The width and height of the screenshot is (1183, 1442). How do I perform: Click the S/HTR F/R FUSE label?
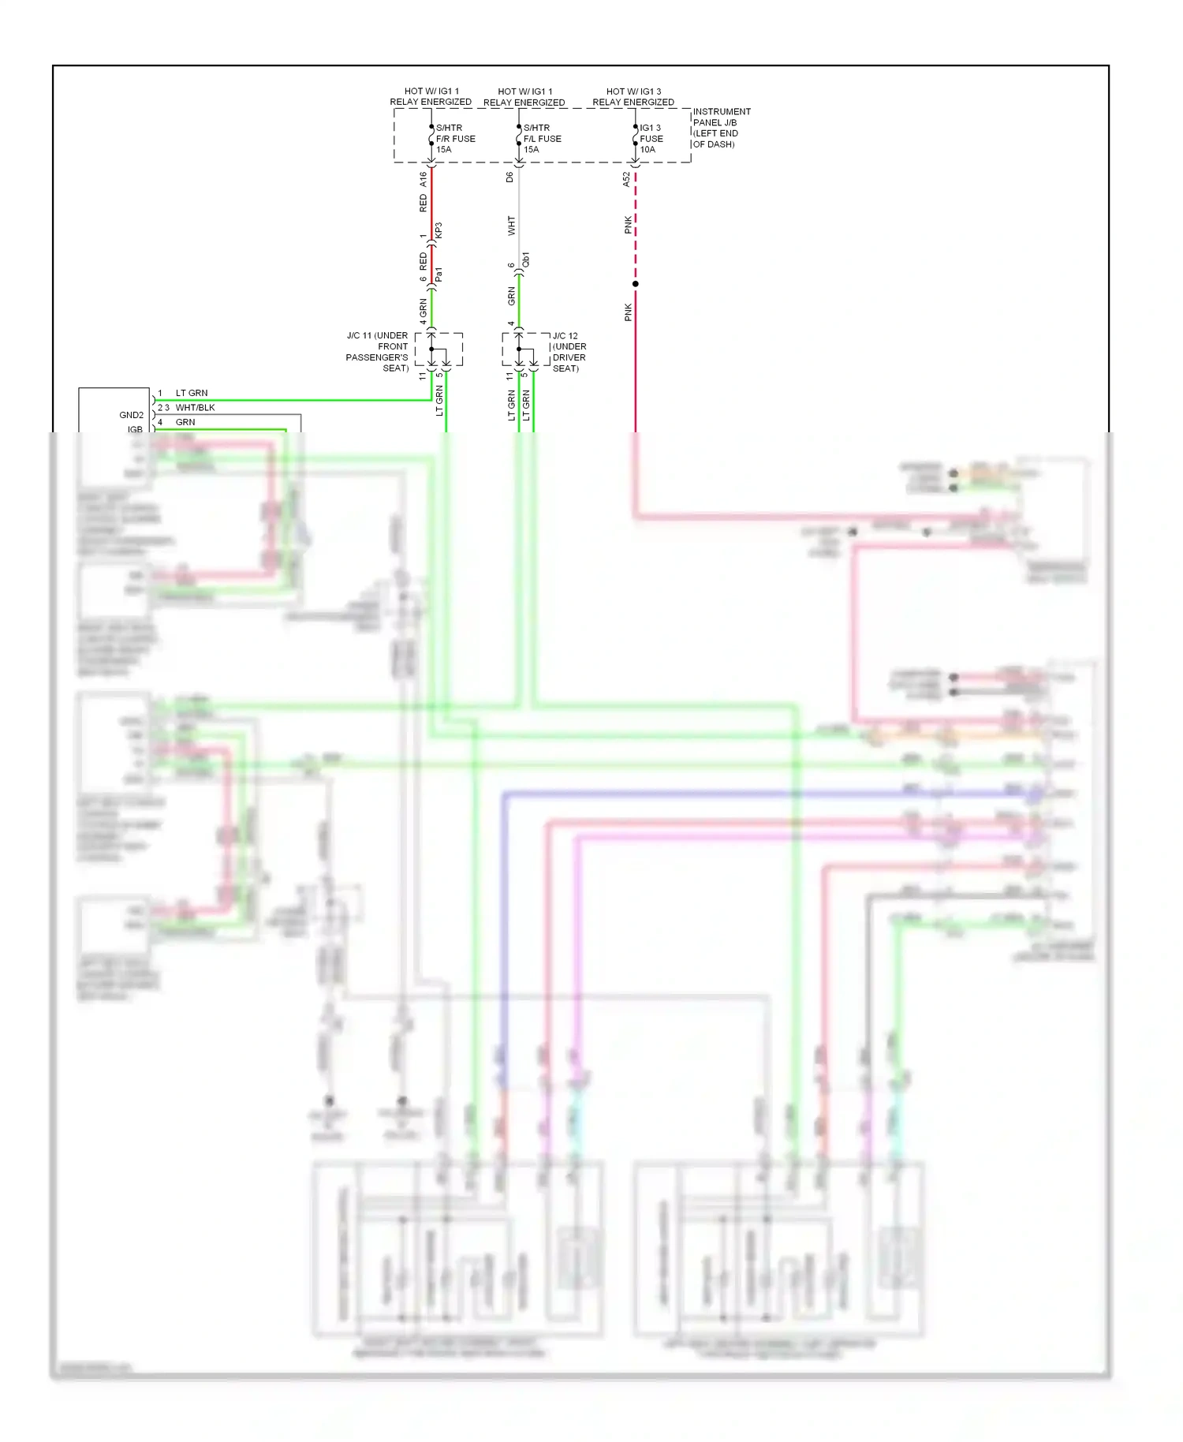[455, 139]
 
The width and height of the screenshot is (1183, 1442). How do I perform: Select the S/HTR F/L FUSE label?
[542, 139]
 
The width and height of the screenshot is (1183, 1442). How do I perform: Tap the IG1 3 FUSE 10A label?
[651, 139]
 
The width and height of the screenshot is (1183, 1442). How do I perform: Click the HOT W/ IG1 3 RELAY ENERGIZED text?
[633, 97]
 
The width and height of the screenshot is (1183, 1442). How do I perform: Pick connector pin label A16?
[423, 179]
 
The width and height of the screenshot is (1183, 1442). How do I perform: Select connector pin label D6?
[509, 177]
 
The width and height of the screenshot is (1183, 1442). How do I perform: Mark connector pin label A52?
[627, 179]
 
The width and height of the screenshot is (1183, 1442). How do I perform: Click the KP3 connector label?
[439, 230]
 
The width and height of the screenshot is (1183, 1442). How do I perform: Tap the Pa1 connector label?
[439, 275]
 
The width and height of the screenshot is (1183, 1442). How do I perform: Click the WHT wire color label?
[511, 226]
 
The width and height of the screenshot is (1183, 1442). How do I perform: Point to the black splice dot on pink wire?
[635, 284]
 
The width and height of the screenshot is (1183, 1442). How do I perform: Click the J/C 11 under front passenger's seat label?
[377, 352]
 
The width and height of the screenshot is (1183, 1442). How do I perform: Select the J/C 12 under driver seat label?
[569, 352]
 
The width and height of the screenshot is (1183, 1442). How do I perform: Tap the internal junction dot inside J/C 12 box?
[519, 349]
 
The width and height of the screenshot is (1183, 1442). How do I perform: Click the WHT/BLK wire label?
[195, 408]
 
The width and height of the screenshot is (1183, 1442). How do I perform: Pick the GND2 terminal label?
[132, 415]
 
